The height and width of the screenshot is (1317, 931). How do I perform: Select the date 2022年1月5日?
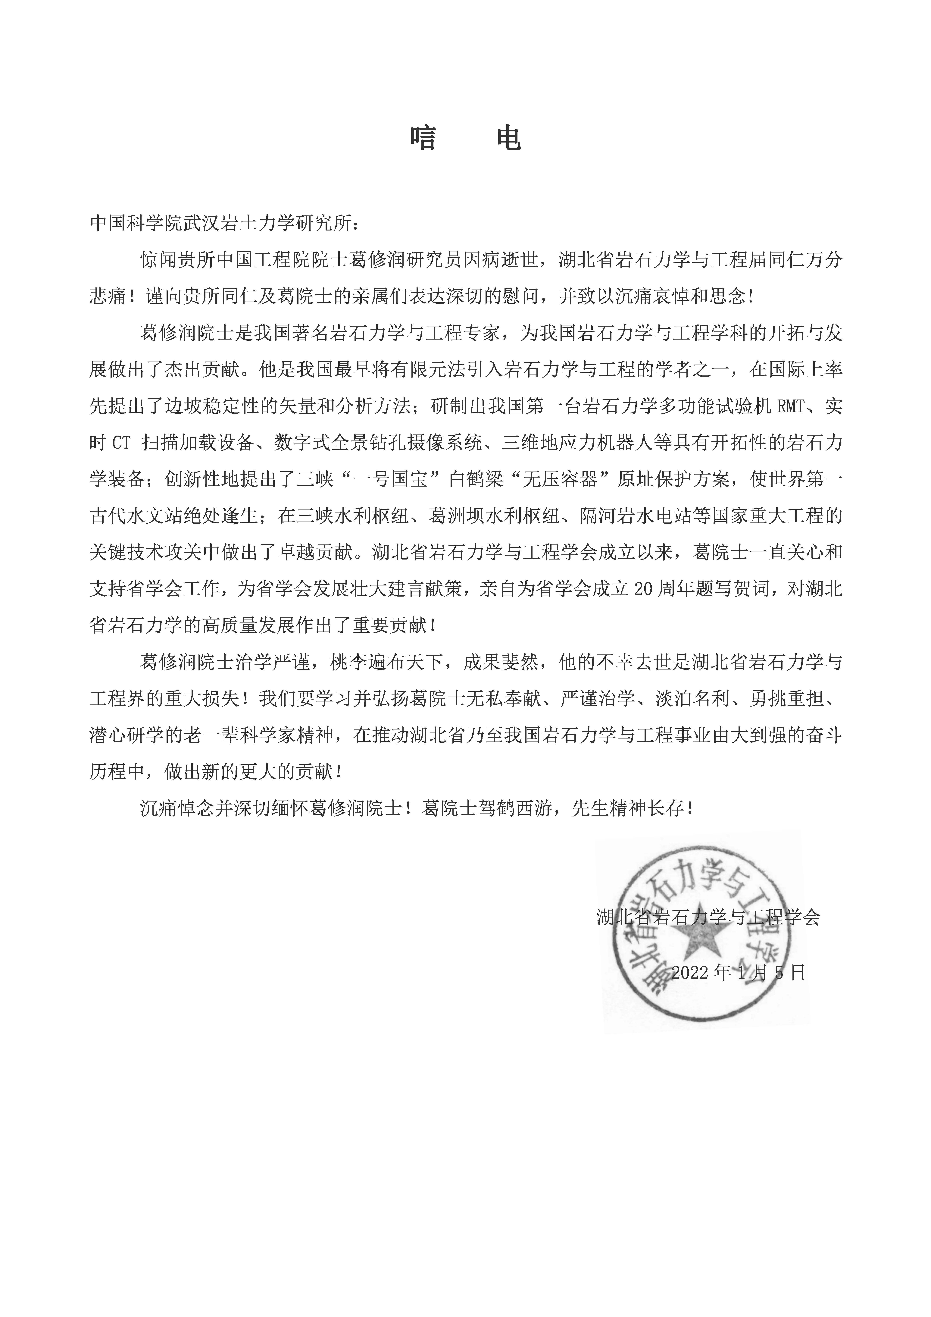click(x=738, y=972)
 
